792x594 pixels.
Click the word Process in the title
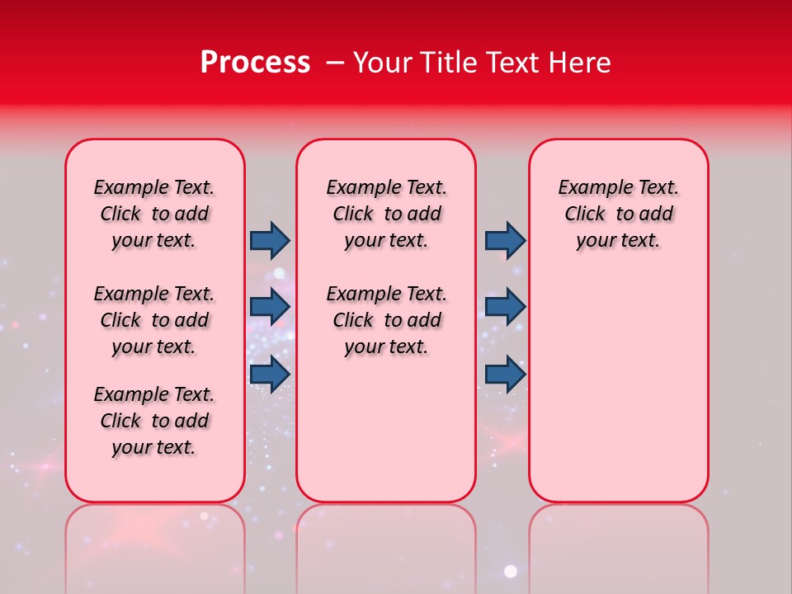255,63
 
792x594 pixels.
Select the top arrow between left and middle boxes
270,240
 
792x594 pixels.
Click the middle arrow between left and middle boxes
270,307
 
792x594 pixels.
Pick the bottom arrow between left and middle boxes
270,374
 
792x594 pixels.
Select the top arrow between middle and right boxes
505,240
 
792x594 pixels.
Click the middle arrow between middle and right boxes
505,307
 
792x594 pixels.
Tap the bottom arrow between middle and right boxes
505,374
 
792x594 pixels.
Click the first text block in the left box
154,214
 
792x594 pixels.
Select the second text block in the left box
154,320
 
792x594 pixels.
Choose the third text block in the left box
154,421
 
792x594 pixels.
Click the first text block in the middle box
386,214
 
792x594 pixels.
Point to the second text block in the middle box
386,320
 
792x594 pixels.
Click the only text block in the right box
618,214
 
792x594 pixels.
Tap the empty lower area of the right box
618,396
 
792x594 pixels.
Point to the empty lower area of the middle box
386,437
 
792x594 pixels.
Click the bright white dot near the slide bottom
511,571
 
